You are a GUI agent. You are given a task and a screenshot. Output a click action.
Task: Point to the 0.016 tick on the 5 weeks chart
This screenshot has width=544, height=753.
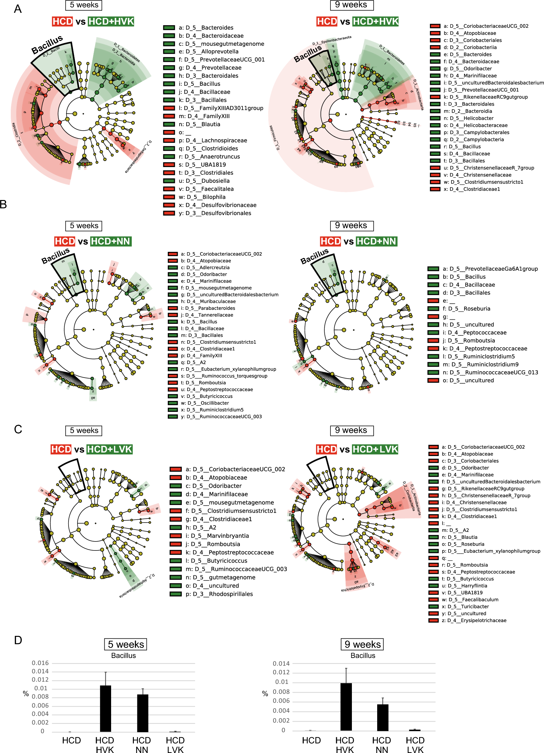coord(40,663)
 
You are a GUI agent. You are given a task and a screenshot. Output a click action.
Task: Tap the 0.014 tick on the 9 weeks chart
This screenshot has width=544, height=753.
coord(281,663)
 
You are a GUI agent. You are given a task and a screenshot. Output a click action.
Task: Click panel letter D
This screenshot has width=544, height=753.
coord(18,640)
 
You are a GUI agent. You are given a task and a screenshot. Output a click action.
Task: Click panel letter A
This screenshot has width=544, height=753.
coord(18,9)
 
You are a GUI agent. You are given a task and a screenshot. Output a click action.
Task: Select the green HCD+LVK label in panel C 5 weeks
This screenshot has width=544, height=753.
coord(110,449)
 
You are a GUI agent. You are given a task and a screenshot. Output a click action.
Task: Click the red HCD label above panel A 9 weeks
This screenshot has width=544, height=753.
coord(327,21)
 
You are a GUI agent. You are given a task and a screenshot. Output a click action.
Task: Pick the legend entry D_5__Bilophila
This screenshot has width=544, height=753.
coord(202,197)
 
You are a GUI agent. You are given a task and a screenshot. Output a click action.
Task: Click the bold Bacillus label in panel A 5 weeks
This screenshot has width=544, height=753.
coord(47,45)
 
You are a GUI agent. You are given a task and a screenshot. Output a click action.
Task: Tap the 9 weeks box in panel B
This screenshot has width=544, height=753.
coord(352,225)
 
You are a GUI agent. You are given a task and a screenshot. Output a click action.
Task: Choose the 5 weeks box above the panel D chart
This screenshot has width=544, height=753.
coord(125,644)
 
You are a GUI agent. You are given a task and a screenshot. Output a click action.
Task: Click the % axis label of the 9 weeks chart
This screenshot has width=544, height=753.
coord(265,693)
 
